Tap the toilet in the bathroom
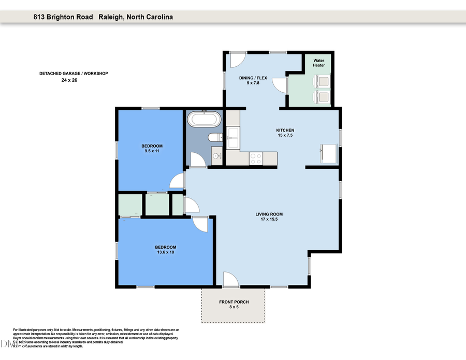tap(214, 137)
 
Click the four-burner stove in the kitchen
tap(256, 159)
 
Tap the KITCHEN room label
tap(285, 131)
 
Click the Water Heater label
tap(318, 63)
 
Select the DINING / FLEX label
tap(252, 78)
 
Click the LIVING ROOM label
tap(269, 214)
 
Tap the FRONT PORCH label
tap(234, 302)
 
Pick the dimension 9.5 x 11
tap(152, 151)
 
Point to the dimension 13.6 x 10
tap(166, 252)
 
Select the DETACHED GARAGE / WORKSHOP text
tap(74, 74)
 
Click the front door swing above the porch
tap(230, 280)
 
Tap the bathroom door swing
tap(198, 160)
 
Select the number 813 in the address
tap(39, 17)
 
